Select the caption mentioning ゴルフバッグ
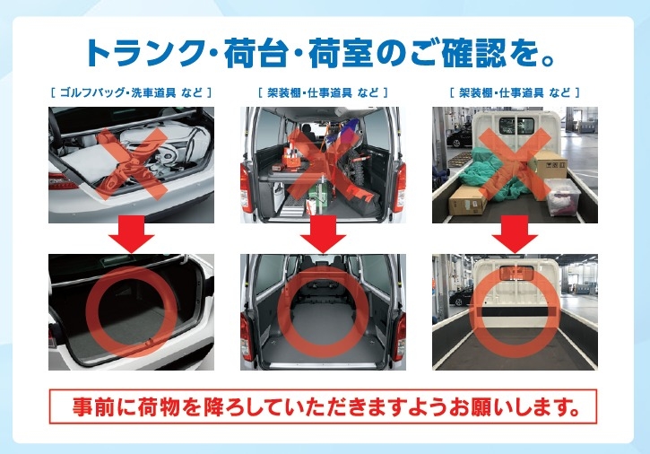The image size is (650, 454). [x=131, y=92]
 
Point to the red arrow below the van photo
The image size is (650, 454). [x=323, y=234]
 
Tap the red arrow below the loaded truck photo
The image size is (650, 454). [x=515, y=234]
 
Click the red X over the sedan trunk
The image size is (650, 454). [x=132, y=163]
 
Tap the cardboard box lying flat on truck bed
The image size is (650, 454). [x=468, y=200]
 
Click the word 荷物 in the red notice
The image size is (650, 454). [x=159, y=406]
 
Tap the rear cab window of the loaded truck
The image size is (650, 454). [x=516, y=126]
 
